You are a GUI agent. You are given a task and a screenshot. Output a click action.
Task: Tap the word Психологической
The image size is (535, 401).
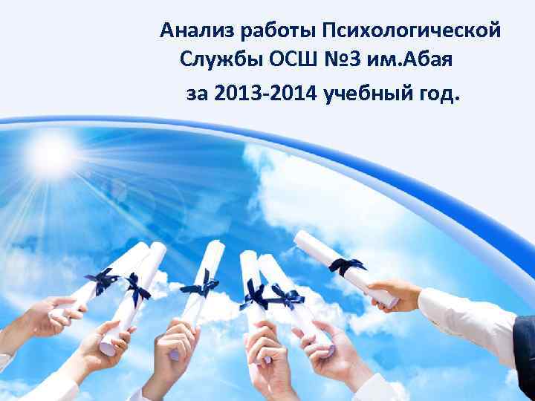click(412, 31)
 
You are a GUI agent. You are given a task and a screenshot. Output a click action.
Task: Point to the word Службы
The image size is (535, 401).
click(215, 62)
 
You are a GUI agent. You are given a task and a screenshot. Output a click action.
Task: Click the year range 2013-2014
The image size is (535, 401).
click(263, 94)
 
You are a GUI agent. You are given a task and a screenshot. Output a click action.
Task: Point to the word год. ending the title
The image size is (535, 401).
click(437, 94)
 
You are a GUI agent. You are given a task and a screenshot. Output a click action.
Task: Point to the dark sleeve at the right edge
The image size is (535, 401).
click(526, 342)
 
